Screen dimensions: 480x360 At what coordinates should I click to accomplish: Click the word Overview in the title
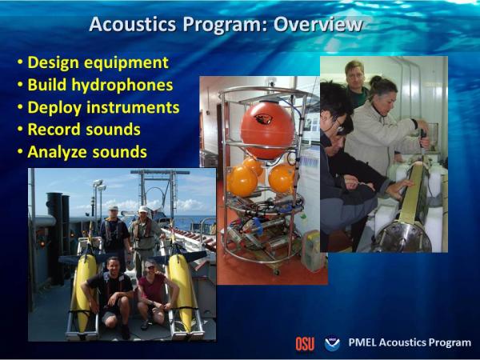click(318, 24)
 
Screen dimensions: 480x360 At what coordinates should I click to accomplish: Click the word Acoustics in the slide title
click(133, 24)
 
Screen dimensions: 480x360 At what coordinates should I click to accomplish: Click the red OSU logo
click(305, 344)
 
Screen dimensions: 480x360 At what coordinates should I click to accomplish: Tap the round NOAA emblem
click(332, 343)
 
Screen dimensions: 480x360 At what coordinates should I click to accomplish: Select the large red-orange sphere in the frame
click(267, 130)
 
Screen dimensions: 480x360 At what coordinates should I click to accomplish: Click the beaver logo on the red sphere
click(262, 118)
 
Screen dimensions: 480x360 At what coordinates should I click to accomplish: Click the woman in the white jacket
click(384, 129)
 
